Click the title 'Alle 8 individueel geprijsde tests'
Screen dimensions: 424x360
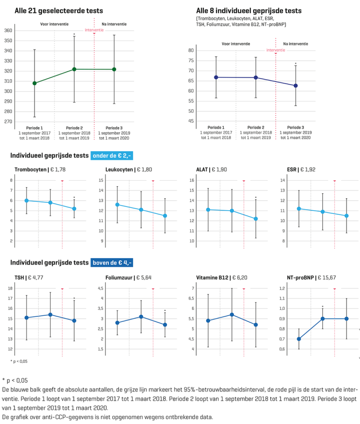248,10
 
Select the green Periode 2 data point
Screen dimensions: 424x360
74,69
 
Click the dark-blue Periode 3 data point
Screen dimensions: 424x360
295,86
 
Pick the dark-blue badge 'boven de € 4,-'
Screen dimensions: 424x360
112,262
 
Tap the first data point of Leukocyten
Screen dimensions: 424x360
117,204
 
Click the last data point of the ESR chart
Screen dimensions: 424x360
346,216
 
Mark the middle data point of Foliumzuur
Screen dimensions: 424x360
141,317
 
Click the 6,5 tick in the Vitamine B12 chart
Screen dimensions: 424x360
206,298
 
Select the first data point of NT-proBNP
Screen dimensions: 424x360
298,339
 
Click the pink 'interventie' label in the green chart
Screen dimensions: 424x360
94,30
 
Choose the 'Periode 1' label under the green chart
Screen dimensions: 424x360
34,128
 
